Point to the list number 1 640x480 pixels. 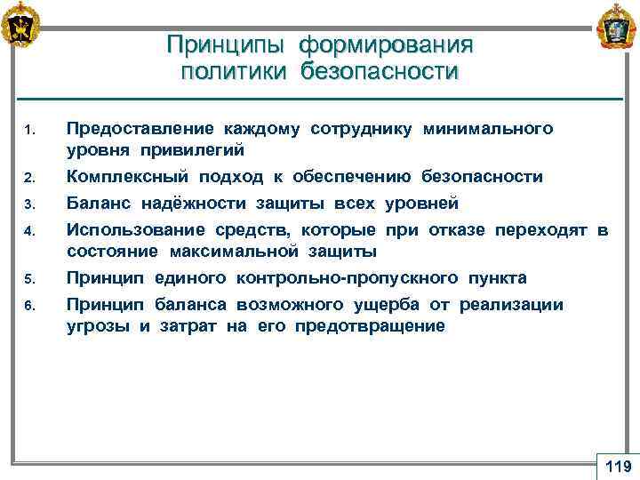29,134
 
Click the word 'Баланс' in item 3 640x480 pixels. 96,204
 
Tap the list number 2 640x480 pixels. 29,180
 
